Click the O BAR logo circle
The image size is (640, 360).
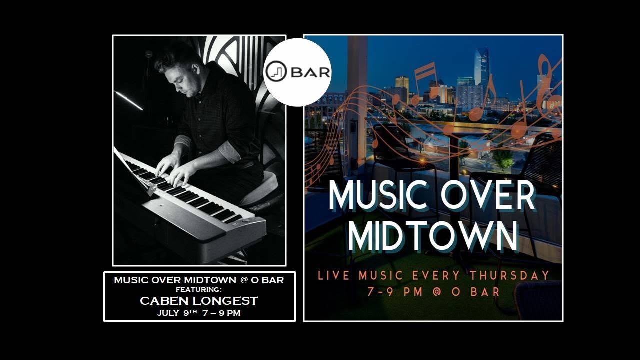(297, 72)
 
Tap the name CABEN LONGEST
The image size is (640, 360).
(199, 301)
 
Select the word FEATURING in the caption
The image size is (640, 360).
(199, 289)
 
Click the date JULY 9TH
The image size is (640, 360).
(177, 313)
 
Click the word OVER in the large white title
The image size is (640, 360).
(488, 196)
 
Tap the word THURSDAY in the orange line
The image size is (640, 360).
(509, 275)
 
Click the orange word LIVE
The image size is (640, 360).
(333, 275)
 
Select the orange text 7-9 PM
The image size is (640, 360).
(395, 292)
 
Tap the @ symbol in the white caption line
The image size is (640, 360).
(243, 280)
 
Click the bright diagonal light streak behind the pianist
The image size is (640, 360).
(129, 101)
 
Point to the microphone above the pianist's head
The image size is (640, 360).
(148, 54)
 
